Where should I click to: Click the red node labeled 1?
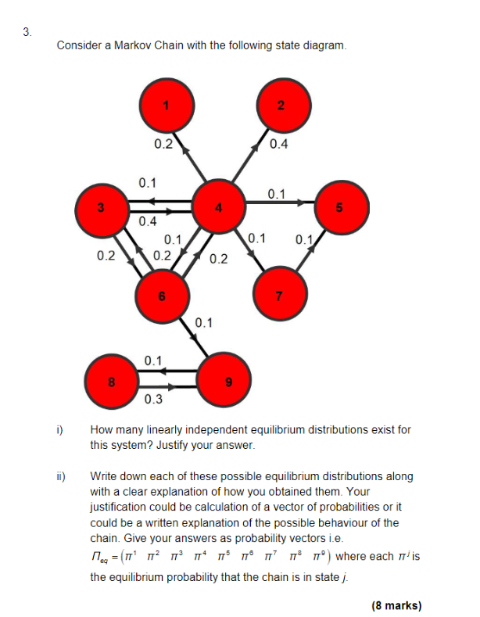point(165,106)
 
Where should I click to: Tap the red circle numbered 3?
point(100,207)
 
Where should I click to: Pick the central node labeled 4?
point(220,207)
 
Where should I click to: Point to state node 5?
point(339,207)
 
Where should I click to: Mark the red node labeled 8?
point(112,382)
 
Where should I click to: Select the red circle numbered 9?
point(227,382)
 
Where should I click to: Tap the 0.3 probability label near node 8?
point(153,400)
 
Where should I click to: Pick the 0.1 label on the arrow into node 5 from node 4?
point(276,193)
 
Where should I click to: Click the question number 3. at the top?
point(28,32)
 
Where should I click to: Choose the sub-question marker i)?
point(59,429)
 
